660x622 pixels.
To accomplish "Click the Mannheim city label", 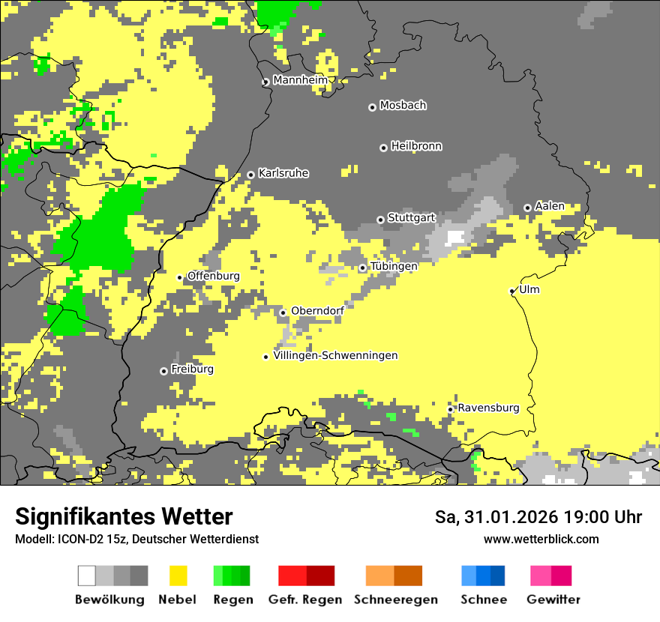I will (x=300, y=80).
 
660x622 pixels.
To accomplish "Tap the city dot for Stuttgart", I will (x=380, y=220).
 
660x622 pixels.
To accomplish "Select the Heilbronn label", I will (x=416, y=146).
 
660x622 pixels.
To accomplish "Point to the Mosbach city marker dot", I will (x=372, y=107).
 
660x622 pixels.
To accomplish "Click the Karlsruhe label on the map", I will (x=283, y=173).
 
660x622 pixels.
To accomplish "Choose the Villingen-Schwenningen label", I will (x=335, y=355).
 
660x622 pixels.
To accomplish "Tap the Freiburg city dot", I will (x=163, y=371).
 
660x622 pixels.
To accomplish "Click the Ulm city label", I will (x=529, y=289).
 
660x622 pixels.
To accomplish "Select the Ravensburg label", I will (x=488, y=408).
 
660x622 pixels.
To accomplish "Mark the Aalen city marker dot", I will (x=527, y=208).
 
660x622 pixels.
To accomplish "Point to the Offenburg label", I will (x=214, y=276).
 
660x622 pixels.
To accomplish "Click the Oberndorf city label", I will (x=317, y=311).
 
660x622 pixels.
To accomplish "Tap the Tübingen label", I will (x=394, y=266).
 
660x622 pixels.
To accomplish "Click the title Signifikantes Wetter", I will (x=124, y=516).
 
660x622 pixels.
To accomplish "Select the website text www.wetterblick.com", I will (x=541, y=539).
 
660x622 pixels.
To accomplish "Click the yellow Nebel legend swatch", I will (x=178, y=576).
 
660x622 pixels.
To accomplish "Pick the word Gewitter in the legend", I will (x=553, y=600).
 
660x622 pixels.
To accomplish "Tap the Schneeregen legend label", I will (x=395, y=600).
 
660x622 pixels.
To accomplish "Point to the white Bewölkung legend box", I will (x=87, y=576).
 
